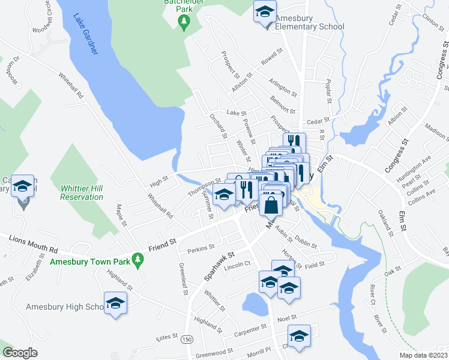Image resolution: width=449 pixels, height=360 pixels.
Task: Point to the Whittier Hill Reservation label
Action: pyautogui.click(x=82, y=193)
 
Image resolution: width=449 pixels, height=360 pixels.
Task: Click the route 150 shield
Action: pyautogui.click(x=188, y=339)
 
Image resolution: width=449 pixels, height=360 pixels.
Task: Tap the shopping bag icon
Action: pyautogui.click(x=271, y=204)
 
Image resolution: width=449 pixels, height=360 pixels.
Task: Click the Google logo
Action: pyautogui.click(x=20, y=353)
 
